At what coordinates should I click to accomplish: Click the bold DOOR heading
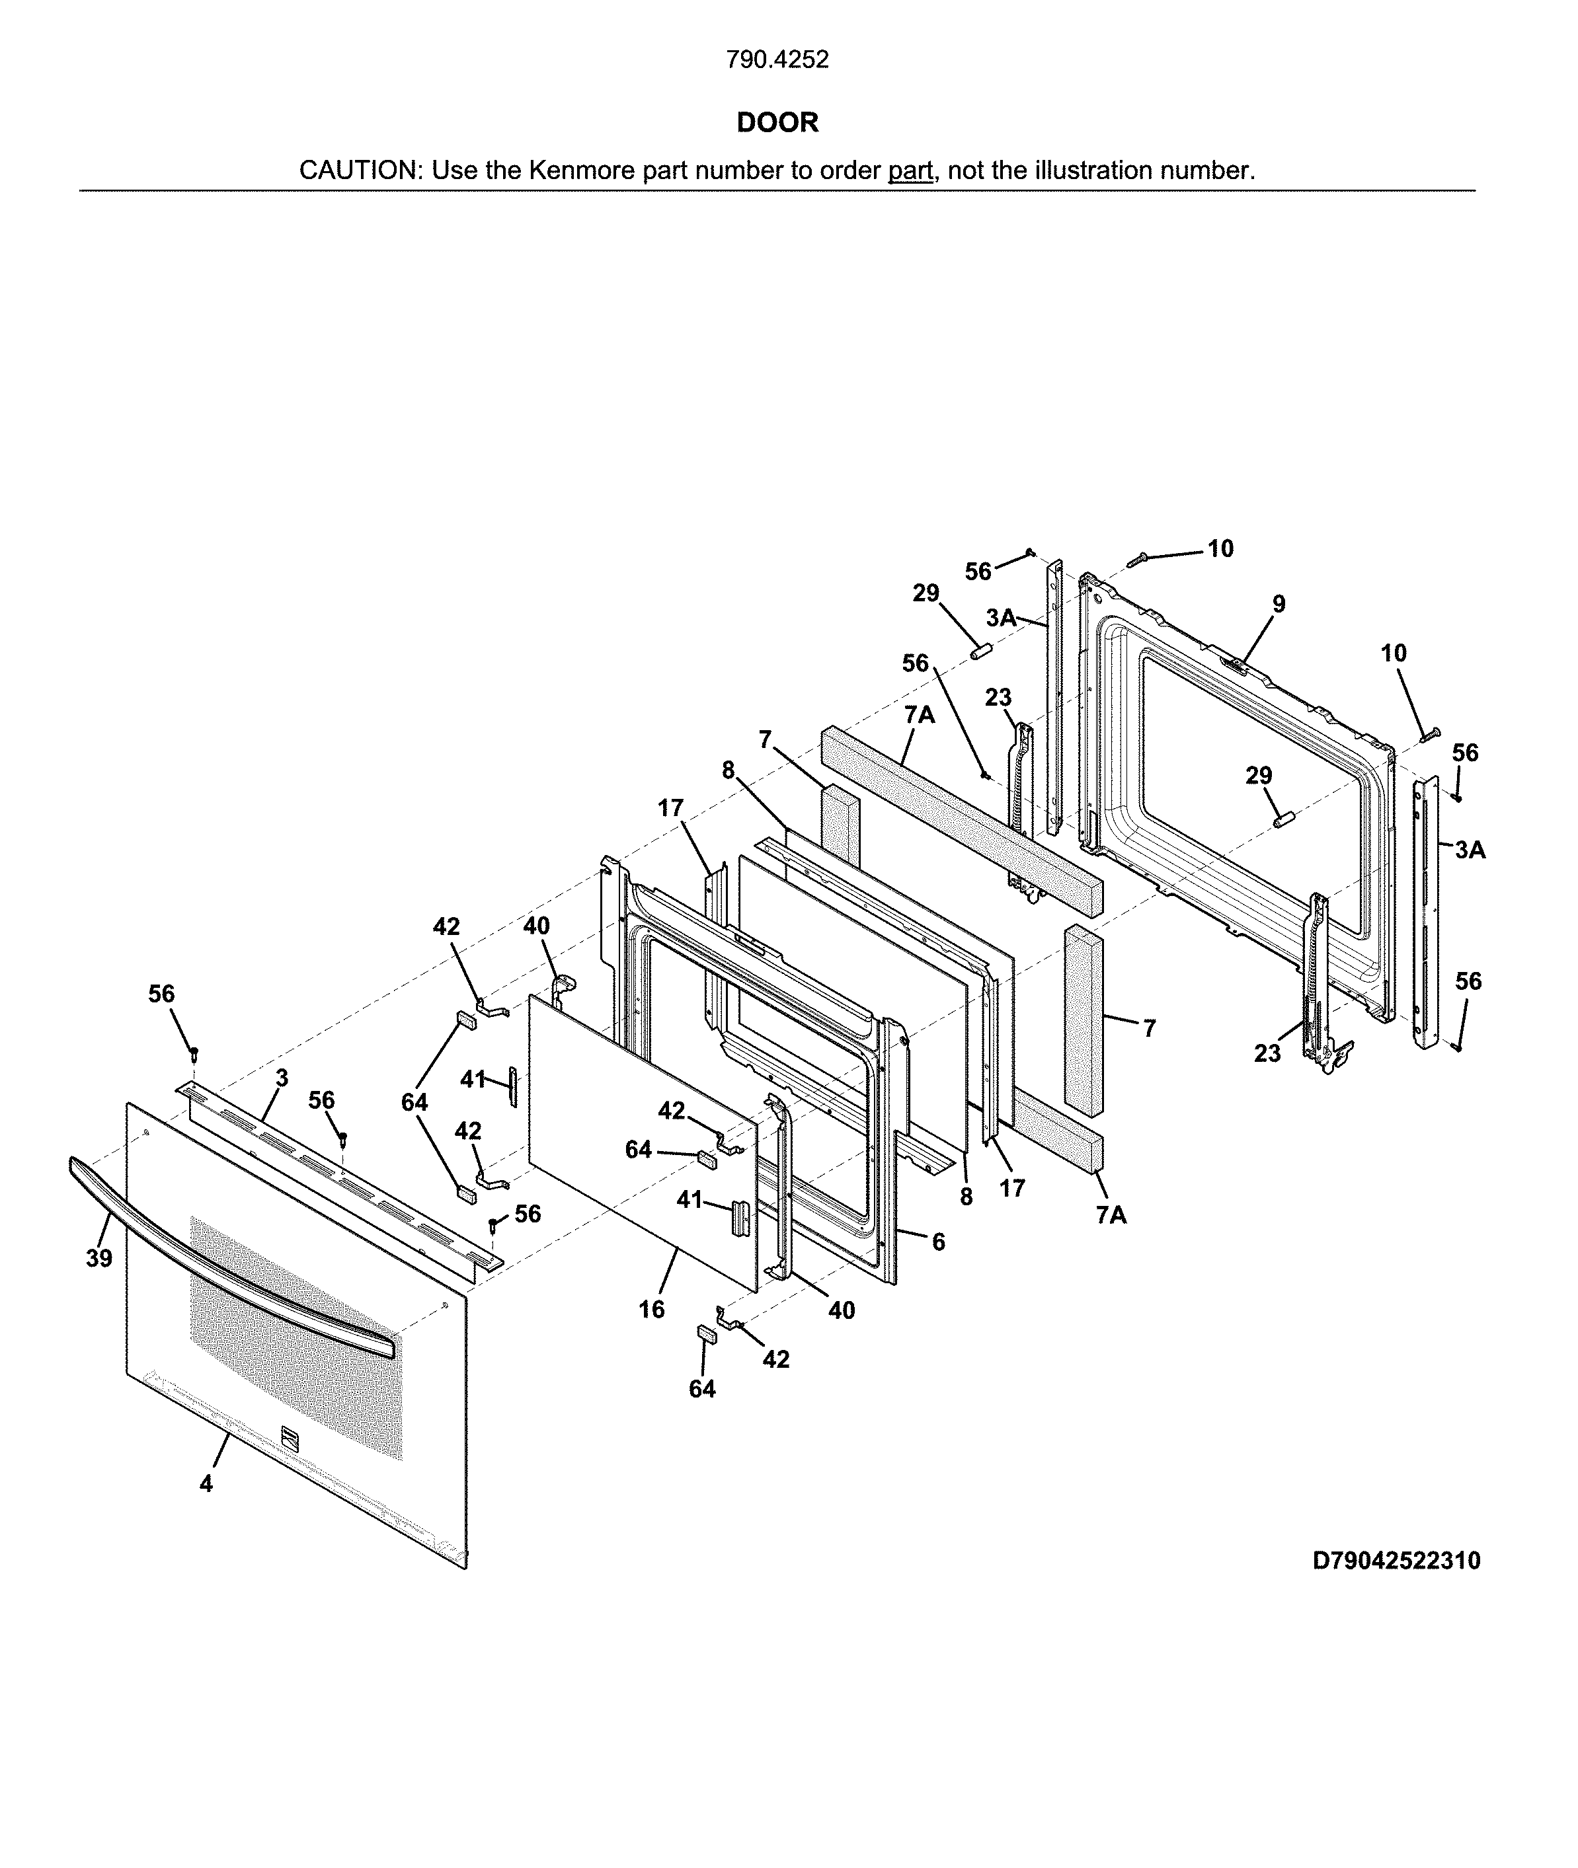point(777,122)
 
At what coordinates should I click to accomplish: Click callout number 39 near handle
point(99,1258)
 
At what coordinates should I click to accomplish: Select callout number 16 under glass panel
point(651,1309)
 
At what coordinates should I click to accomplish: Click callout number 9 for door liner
point(1279,605)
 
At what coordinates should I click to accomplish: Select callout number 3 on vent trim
point(282,1078)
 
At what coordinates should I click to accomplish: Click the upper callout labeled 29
point(926,593)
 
